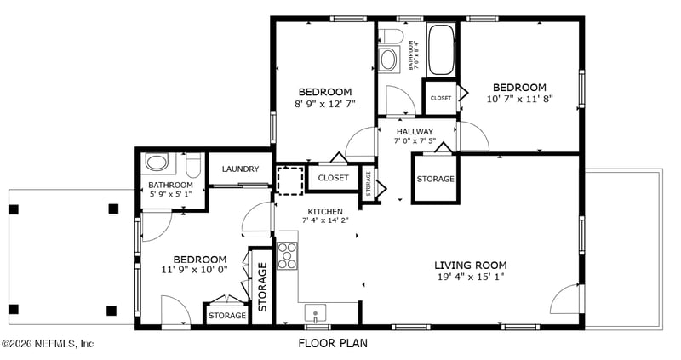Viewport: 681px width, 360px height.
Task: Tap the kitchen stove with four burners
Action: click(287, 255)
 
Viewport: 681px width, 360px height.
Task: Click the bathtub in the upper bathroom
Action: click(441, 49)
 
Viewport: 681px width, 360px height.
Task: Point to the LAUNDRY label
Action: click(240, 169)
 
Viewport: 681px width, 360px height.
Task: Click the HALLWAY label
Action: click(415, 131)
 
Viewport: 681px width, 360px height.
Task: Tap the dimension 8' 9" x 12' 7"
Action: click(324, 103)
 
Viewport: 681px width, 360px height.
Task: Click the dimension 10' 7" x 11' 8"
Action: click(519, 99)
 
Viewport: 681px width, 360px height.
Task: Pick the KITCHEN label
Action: click(325, 211)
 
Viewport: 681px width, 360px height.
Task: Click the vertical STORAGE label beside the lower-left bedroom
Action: click(262, 286)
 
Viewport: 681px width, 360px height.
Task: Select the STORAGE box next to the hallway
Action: click(435, 179)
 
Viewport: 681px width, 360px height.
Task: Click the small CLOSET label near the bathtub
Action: click(440, 98)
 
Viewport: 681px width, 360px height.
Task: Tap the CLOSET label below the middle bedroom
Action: click(333, 178)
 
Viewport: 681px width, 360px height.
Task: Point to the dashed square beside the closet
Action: click(289, 180)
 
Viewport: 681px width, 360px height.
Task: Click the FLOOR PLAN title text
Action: click(333, 344)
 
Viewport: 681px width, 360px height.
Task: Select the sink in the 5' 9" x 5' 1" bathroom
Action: click(157, 162)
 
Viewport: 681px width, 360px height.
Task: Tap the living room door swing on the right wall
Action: click(564, 300)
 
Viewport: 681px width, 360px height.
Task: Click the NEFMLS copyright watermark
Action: click(48, 344)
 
